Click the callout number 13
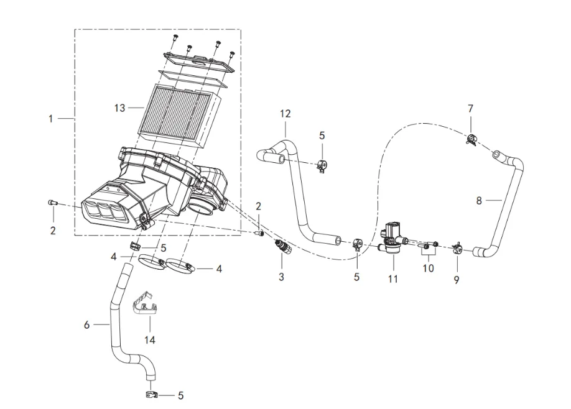122,107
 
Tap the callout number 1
52,118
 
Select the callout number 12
285,114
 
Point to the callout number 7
470,109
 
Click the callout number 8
478,200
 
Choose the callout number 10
428,268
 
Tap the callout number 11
392,279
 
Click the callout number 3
281,277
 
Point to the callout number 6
88,324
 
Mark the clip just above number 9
457,250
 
